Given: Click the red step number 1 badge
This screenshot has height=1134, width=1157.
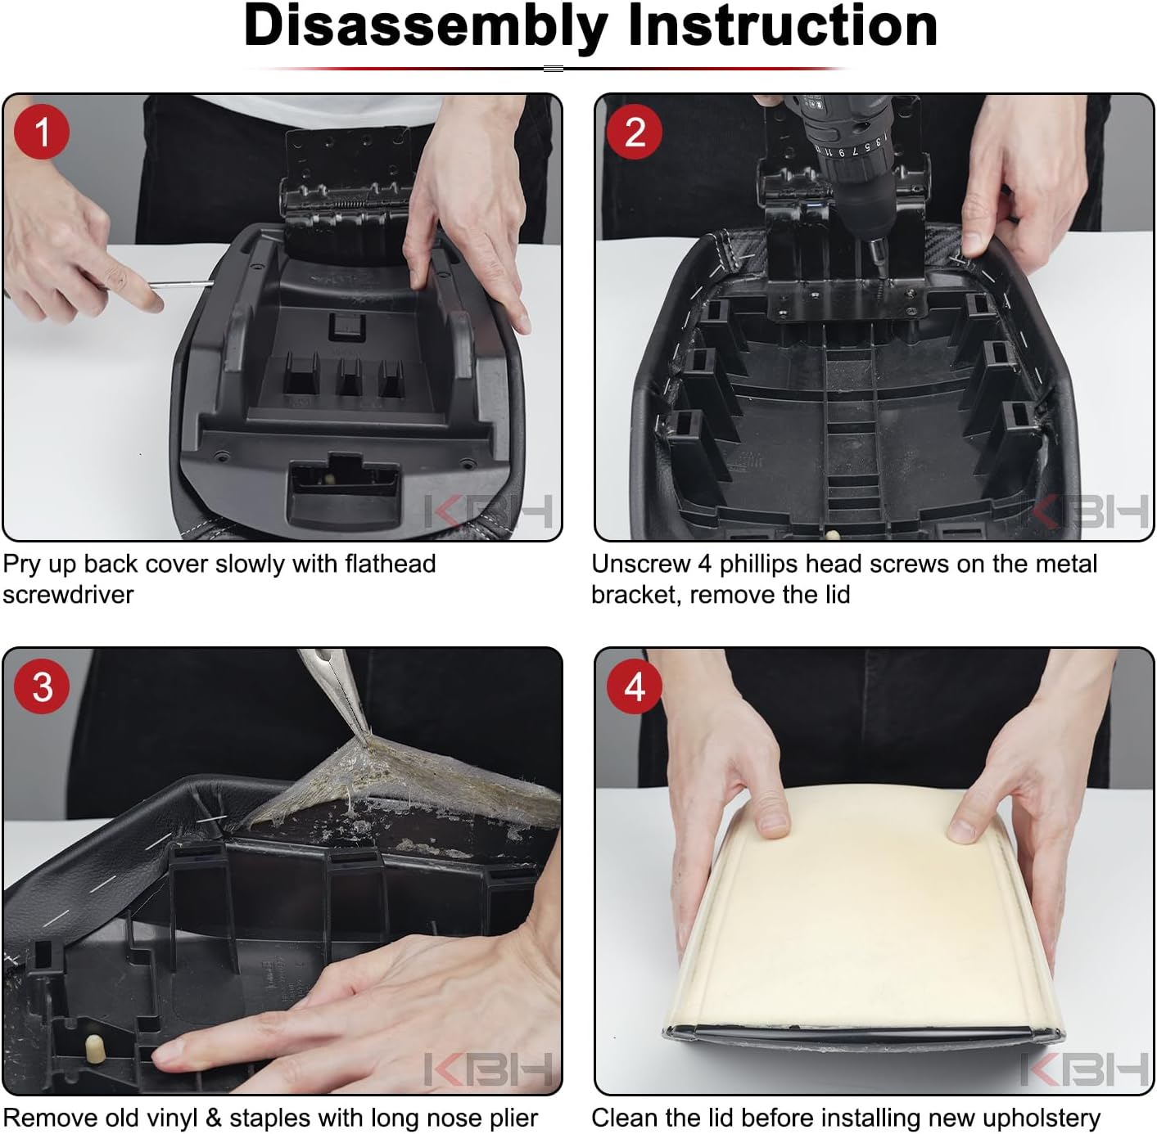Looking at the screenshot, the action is coord(42,132).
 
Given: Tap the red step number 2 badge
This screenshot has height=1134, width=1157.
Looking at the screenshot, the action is coord(635,132).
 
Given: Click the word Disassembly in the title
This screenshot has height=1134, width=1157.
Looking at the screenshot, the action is coord(426,28).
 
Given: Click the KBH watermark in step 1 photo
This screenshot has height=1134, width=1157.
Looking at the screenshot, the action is coord(487,511).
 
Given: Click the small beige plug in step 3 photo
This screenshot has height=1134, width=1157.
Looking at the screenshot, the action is coord(93,1047).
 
